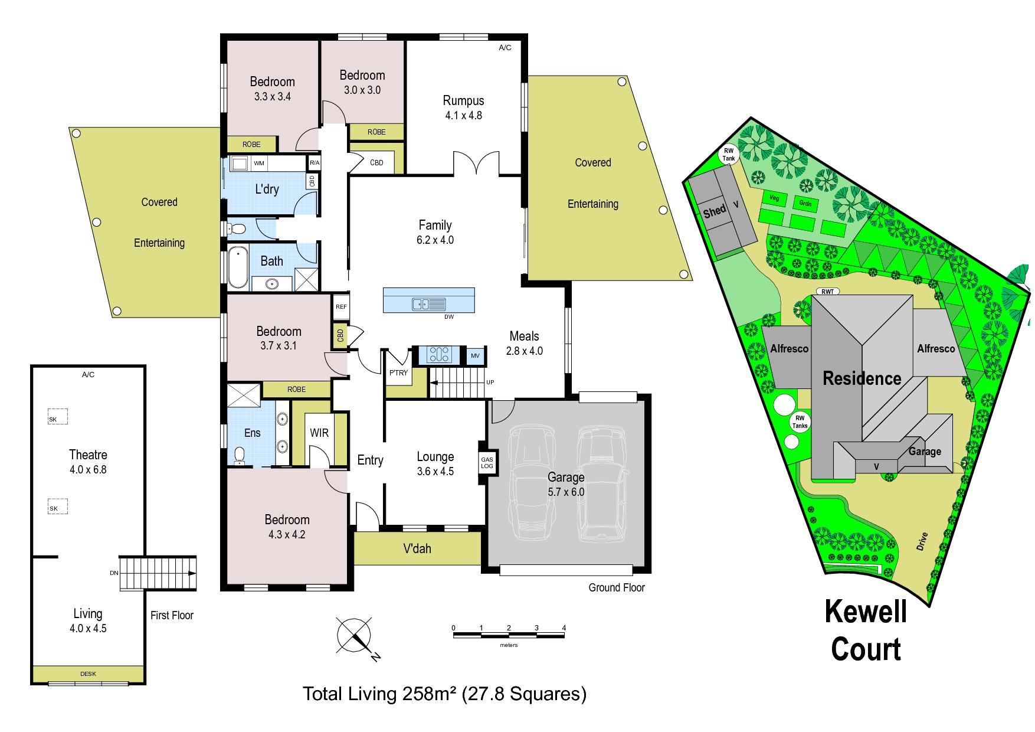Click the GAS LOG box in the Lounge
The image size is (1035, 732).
coord(487,463)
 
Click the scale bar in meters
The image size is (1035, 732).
coord(509,635)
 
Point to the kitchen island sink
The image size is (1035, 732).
coord(429,304)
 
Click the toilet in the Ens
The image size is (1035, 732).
coord(240,456)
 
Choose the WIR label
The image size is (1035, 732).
coord(319,433)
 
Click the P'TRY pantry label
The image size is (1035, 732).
coord(398,372)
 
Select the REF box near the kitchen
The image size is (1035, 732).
coord(341,307)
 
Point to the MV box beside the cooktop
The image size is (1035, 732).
coord(476,355)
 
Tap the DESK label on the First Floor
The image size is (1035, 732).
coord(88,674)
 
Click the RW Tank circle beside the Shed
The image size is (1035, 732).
coord(728,155)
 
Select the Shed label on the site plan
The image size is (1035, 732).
coord(715,211)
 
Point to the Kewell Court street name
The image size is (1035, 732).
coord(866,630)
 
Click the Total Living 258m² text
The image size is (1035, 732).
coord(381,694)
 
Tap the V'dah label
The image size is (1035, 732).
coord(417,548)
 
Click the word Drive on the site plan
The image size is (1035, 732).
coord(922,541)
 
